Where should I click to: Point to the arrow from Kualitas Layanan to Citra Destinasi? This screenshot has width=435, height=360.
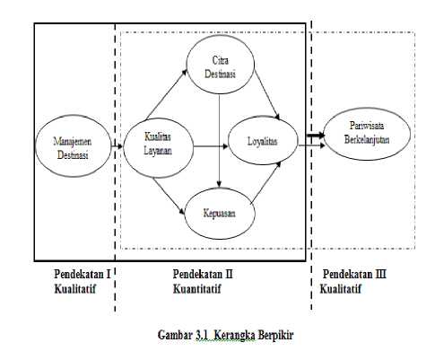167,94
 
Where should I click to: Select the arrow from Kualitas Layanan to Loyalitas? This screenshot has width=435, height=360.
211,146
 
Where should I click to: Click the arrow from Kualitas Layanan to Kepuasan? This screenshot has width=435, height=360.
169,196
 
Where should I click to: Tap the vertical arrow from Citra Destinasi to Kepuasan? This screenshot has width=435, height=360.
219,141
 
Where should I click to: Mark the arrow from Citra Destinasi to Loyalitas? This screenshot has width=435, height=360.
267,94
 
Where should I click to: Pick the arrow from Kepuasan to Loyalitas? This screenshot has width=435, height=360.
265,182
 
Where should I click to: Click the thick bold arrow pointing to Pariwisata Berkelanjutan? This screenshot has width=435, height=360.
316,136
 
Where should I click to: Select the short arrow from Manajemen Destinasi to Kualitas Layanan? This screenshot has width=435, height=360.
117,146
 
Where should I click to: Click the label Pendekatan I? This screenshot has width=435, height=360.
83,274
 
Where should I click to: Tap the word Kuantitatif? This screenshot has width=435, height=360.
197,289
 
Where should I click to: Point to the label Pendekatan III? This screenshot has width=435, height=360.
354,274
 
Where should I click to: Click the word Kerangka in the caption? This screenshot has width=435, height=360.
235,335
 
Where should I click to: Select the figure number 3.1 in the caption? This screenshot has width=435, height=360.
203,335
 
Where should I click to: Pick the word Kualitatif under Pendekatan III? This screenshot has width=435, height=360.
341,289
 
